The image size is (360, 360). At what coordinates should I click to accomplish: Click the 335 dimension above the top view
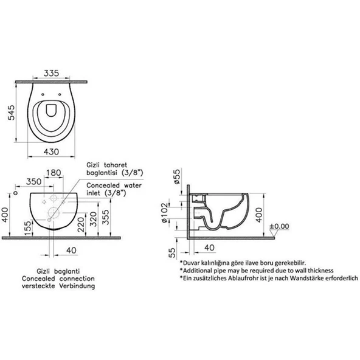[53, 74]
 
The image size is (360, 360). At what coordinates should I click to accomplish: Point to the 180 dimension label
[55, 174]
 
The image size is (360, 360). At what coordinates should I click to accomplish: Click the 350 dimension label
[35, 181]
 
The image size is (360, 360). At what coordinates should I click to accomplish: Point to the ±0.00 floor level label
[280, 226]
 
